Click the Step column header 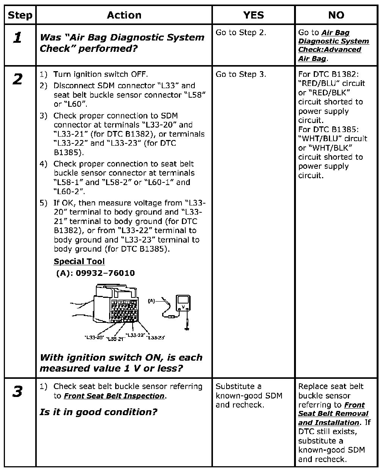(x=20, y=15)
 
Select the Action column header (x=124, y=15)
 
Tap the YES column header (x=253, y=15)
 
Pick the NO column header (x=336, y=15)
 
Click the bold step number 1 (x=17, y=37)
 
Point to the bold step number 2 (x=17, y=79)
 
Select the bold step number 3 (x=17, y=392)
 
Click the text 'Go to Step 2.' (x=241, y=33)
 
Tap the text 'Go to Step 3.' (x=241, y=74)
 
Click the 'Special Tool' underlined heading (x=79, y=261)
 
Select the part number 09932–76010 (x=105, y=273)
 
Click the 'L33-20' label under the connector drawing (x=94, y=337)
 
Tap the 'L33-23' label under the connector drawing (x=156, y=337)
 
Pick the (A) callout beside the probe (x=151, y=301)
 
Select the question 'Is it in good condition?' (x=98, y=412)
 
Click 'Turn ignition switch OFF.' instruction (x=100, y=74)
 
